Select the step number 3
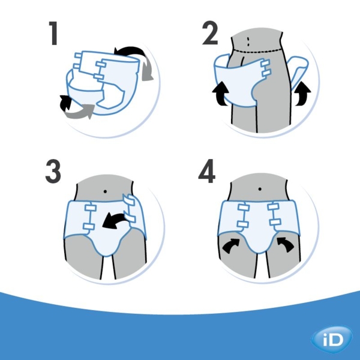53,172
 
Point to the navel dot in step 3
106,191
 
